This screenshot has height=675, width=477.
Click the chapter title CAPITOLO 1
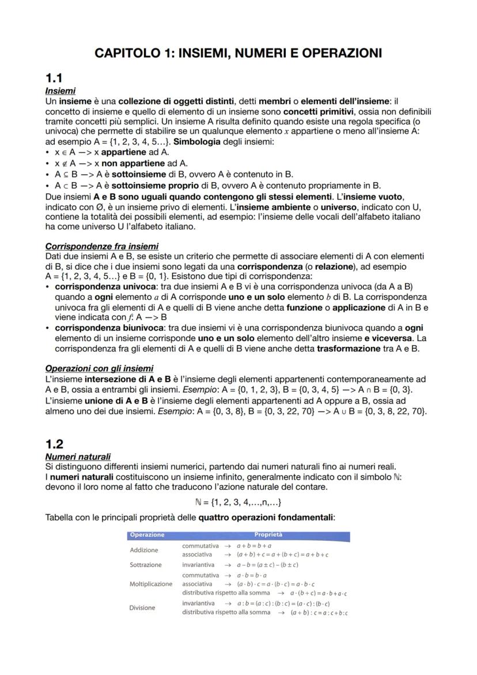(238, 54)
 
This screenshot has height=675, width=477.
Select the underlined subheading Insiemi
(60, 91)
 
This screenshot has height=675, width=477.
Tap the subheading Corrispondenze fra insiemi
(101, 246)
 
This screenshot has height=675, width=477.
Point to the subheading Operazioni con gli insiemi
(99, 368)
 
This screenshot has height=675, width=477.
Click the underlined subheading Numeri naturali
(78, 457)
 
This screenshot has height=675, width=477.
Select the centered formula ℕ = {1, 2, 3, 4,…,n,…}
(238, 501)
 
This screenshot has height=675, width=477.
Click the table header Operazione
(147, 534)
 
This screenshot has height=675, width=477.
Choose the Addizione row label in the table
(144, 550)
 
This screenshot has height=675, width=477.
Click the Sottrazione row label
(146, 565)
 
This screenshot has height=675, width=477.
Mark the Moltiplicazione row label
(151, 584)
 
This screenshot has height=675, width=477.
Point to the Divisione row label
(142, 608)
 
